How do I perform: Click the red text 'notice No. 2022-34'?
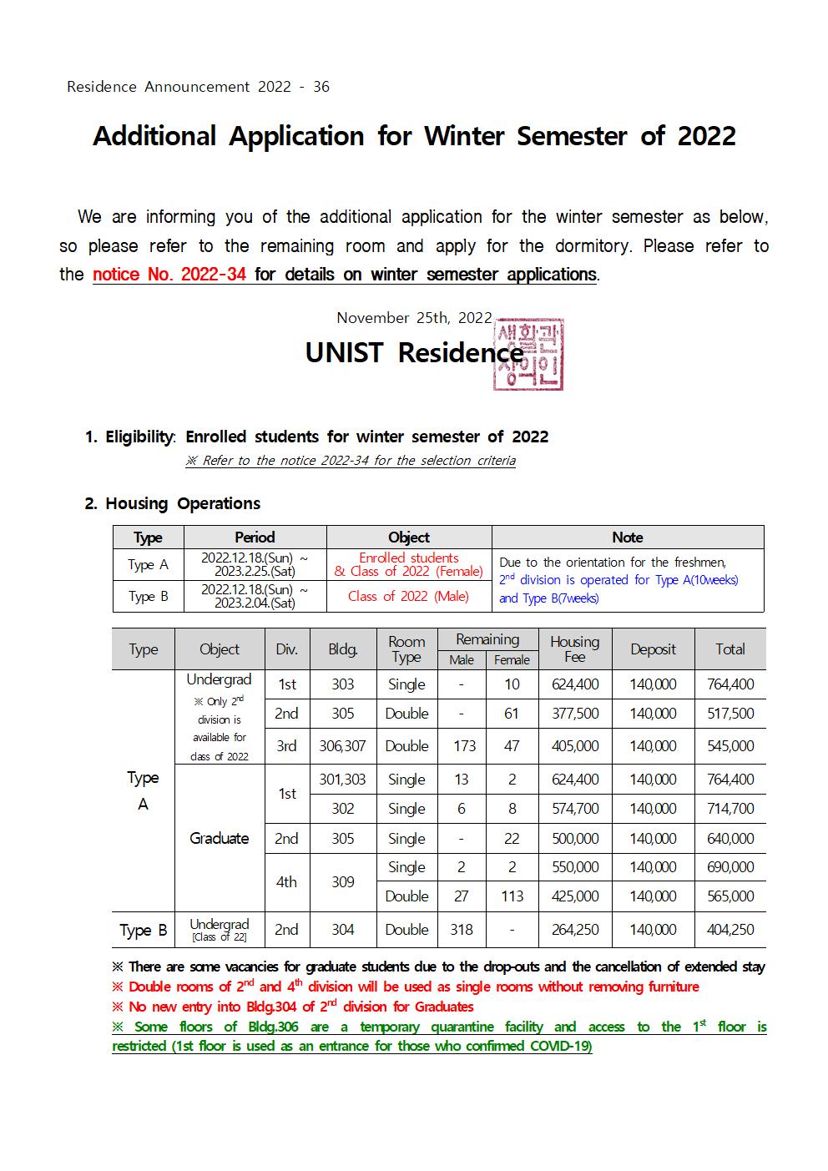[169, 274]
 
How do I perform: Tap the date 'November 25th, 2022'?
[414, 317]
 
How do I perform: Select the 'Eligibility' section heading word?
[139, 437]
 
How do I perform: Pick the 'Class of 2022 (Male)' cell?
[408, 596]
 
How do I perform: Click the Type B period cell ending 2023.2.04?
[255, 596]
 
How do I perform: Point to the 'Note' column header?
[627, 538]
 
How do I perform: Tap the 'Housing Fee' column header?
[574, 649]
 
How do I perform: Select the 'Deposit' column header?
[653, 649]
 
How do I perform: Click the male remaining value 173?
[464, 746]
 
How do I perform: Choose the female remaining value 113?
[512, 896]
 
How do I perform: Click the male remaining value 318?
[462, 930]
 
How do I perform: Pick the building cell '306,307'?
[342, 746]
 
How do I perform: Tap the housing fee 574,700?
[575, 809]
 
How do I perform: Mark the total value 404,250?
[730, 930]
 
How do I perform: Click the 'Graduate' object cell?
[219, 838]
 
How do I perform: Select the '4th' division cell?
[286, 881]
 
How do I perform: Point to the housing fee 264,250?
[575, 930]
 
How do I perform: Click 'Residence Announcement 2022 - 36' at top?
[199, 87]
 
